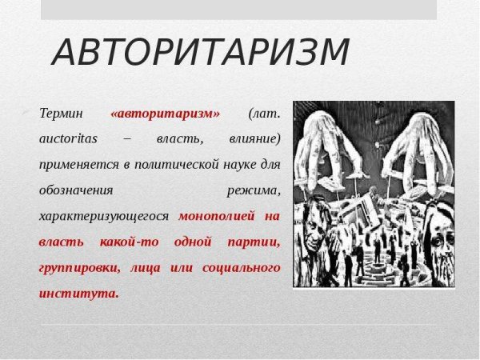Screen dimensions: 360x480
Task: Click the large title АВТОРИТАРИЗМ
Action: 201,54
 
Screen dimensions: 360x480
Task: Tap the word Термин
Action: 61,113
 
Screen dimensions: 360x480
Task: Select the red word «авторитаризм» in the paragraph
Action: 166,113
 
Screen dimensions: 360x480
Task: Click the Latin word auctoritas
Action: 68,138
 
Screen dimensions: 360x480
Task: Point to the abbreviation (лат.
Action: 265,113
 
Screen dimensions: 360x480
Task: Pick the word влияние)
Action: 252,138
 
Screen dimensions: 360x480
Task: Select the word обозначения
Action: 76,190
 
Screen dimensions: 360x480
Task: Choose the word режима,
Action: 254,190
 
